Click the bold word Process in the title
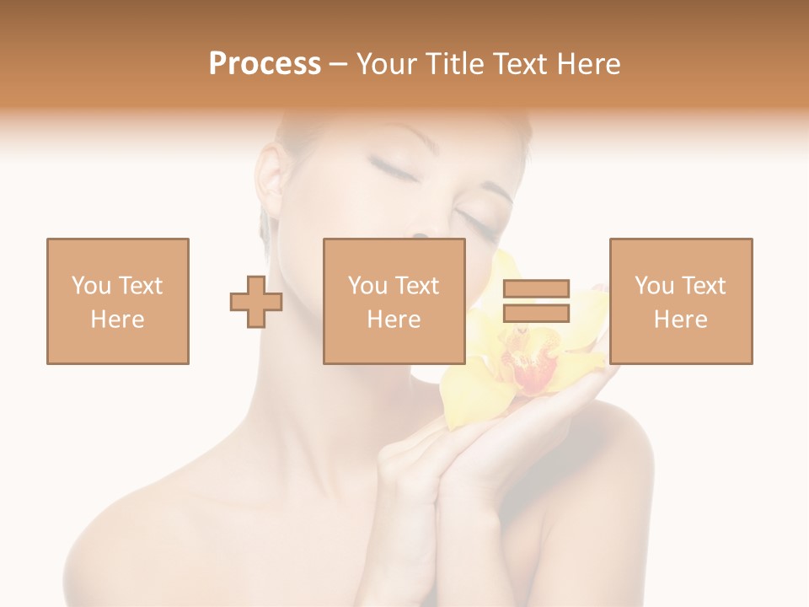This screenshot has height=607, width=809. [x=265, y=64]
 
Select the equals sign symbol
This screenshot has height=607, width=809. [x=536, y=301]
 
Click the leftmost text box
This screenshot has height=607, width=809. [x=117, y=301]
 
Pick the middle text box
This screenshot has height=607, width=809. [x=394, y=301]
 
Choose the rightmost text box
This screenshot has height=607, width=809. [x=680, y=301]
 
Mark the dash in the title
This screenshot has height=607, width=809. [x=338, y=64]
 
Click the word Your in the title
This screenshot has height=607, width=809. [x=388, y=64]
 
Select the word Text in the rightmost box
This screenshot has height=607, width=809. [x=704, y=286]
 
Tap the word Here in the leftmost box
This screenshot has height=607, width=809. [x=117, y=320]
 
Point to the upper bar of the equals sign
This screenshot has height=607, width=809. [x=536, y=289]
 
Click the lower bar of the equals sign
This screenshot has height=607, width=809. [x=536, y=313]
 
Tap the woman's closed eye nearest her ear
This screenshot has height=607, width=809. [x=384, y=169]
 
